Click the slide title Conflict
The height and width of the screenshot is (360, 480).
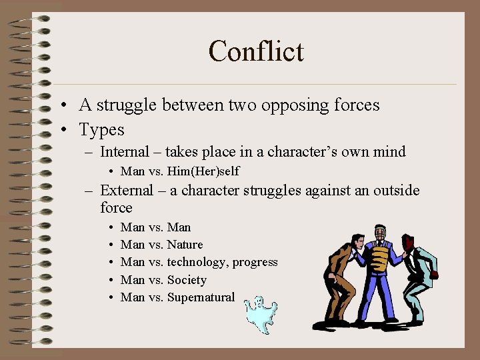(x=256, y=51)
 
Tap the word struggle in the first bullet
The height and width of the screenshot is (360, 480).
(x=126, y=105)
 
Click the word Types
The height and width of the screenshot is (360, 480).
(x=101, y=129)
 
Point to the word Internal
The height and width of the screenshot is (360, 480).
(x=126, y=152)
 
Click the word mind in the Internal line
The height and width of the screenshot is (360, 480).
(x=388, y=152)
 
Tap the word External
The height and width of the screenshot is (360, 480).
(x=127, y=191)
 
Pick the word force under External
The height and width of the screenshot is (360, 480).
(x=116, y=208)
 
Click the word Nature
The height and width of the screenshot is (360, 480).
(x=185, y=245)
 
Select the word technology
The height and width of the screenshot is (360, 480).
(x=198, y=262)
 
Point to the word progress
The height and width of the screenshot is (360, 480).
(x=255, y=262)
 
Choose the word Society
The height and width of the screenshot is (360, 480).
(x=187, y=280)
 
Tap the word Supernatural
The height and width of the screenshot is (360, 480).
(x=201, y=297)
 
